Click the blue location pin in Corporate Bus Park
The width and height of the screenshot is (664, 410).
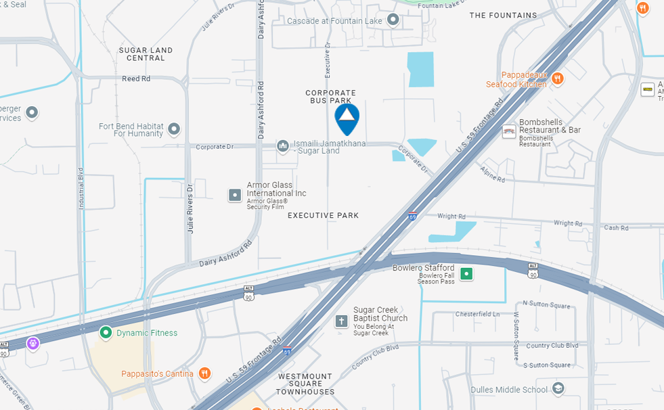click(x=347, y=116)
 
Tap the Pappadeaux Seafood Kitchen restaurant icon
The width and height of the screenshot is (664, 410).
click(x=557, y=78)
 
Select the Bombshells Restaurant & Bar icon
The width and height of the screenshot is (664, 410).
click(x=509, y=132)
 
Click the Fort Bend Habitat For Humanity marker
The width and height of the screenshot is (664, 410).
click(x=174, y=129)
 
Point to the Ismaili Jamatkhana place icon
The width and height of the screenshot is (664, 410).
click(x=283, y=146)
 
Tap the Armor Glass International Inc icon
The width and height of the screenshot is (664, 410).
click(x=235, y=196)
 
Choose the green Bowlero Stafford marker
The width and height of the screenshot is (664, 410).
click(x=466, y=274)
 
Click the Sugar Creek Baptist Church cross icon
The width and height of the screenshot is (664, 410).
click(x=342, y=321)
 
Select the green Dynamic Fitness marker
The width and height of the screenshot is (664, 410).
click(x=106, y=332)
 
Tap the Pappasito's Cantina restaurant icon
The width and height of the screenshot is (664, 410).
click(x=204, y=373)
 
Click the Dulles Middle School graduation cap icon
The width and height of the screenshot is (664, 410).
click(x=558, y=389)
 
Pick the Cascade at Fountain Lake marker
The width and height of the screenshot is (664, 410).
click(x=393, y=21)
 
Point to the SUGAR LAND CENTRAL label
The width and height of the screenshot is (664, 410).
click(x=146, y=54)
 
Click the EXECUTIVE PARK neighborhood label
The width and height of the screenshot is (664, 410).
click(x=323, y=215)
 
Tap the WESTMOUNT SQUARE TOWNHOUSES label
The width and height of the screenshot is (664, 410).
click(x=305, y=384)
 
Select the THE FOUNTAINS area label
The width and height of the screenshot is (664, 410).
click(x=503, y=15)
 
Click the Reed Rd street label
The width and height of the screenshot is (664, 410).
click(x=136, y=79)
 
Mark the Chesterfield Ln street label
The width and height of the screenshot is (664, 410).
click(x=477, y=314)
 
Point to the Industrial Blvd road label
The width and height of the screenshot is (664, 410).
click(x=81, y=189)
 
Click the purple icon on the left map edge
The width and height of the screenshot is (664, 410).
click(x=32, y=344)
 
